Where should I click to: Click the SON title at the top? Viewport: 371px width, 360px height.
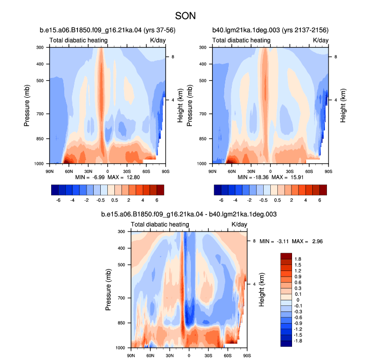[185, 16]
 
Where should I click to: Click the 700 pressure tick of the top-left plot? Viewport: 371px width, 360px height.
[40, 114]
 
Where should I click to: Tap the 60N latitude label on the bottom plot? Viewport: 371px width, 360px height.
[150, 355]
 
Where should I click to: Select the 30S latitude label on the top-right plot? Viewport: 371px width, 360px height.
[290, 171]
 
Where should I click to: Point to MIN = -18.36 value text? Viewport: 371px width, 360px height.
[253, 177]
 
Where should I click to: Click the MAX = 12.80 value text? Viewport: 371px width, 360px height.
[123, 177]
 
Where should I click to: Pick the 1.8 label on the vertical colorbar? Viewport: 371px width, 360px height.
[298, 259]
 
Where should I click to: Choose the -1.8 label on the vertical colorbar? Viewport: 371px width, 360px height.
[298, 341]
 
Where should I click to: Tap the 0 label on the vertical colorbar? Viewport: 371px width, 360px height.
[298, 300]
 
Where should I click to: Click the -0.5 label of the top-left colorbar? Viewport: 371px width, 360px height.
[101, 200]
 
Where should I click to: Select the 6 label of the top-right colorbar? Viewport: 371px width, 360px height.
[320, 200]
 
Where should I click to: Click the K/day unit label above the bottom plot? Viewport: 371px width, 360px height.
[239, 224]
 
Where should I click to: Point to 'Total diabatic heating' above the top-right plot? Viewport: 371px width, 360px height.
[241, 40]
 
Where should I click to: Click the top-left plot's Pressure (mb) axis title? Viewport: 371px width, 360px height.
[27, 106]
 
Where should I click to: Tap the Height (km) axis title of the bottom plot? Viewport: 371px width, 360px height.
[262, 290]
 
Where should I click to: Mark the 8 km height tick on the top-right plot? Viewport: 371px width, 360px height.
[336, 57]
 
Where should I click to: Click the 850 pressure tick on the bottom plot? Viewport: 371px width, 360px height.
[121, 323]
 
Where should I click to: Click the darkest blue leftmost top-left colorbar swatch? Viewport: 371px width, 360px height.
[55, 190]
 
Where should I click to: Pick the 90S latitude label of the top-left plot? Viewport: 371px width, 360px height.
[166, 171]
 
